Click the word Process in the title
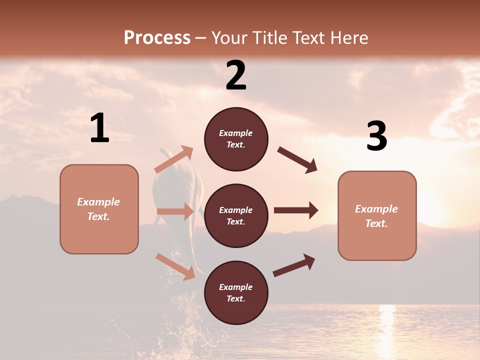pos(157,37)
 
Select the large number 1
pos(99,128)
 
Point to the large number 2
pos(236,75)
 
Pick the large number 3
pos(376,136)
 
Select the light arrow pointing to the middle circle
pos(175,211)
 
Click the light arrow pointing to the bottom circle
pos(175,266)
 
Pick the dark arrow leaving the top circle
pos(297,159)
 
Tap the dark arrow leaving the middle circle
pos(295,210)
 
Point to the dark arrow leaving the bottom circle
pos(294,265)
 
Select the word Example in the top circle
pos(236,133)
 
